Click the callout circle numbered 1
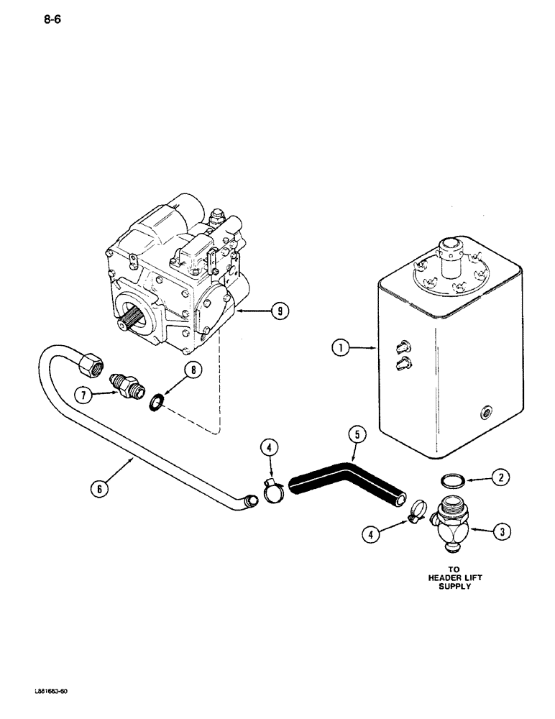[x=339, y=349]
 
